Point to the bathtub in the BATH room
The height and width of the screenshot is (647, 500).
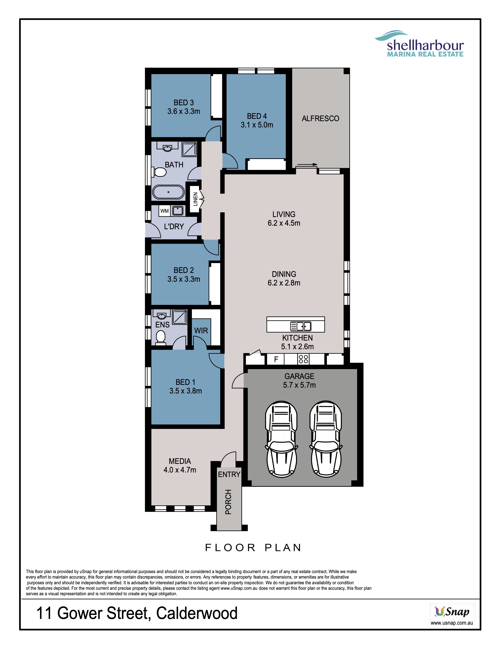click(x=168, y=192)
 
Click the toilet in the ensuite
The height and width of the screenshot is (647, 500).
click(x=161, y=337)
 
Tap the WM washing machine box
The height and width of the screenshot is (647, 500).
click(x=164, y=211)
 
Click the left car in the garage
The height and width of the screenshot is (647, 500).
click(x=281, y=439)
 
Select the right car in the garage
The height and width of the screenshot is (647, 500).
click(x=325, y=439)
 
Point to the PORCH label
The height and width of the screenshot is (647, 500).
click(x=228, y=502)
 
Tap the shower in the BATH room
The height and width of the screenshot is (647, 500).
click(x=189, y=149)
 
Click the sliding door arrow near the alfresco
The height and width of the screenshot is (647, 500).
click(x=307, y=164)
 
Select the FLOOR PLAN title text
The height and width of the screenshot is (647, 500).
click(x=253, y=547)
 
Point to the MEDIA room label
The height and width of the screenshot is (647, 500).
click(x=180, y=461)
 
